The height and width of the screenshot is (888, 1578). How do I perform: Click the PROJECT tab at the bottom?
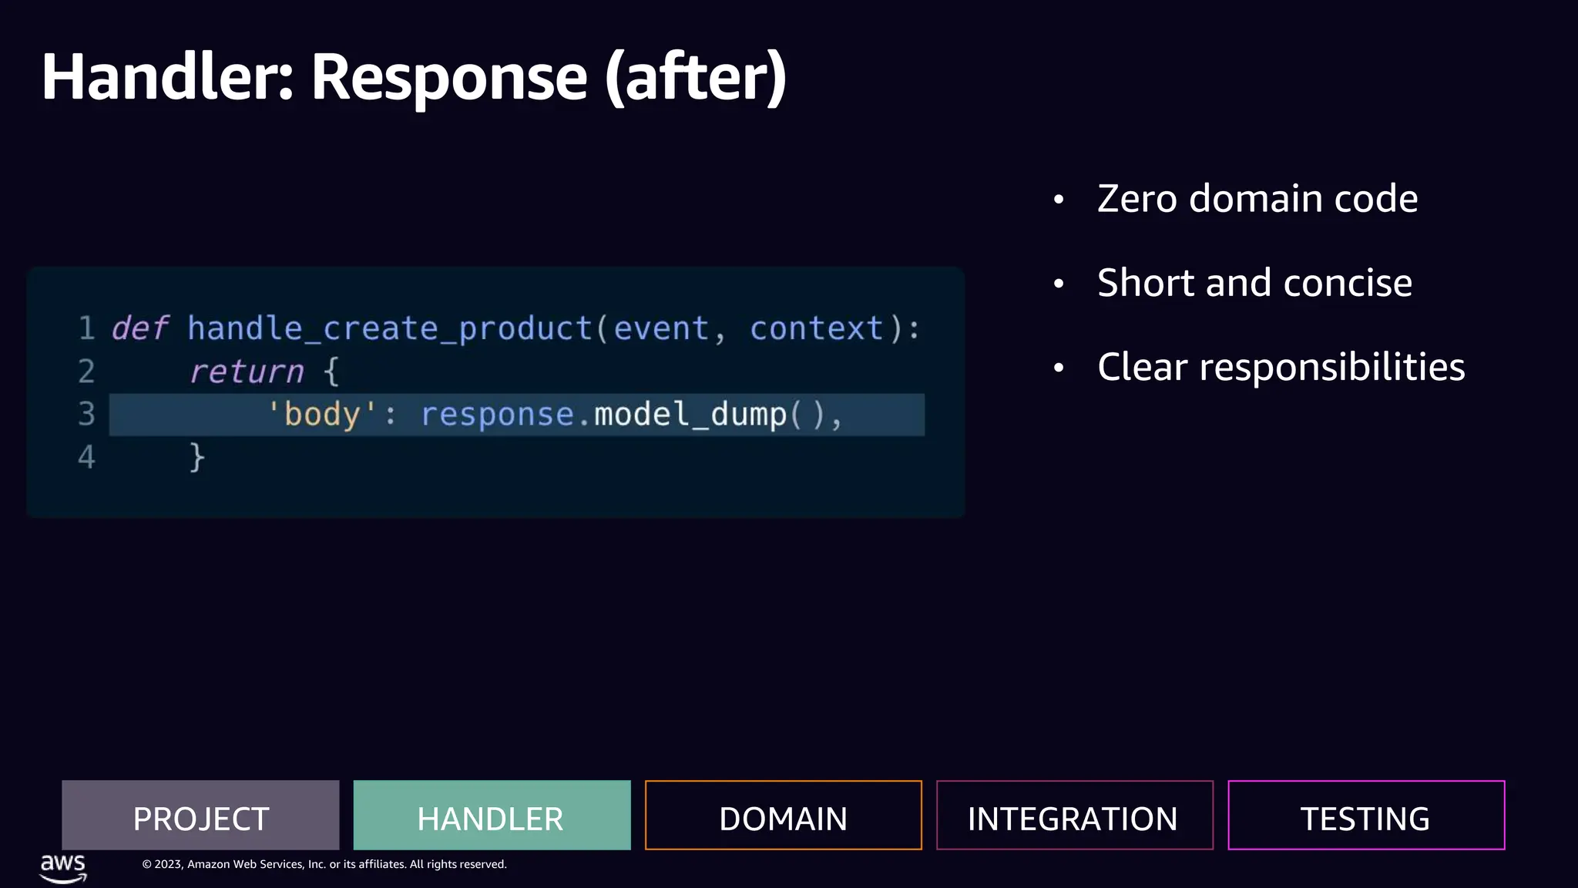200,816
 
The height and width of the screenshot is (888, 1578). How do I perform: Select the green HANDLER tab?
492,816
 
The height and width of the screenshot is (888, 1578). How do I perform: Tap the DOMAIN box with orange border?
783,816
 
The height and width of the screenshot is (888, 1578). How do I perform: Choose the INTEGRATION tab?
1074,816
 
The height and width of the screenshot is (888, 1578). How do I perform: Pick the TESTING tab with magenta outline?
1365,816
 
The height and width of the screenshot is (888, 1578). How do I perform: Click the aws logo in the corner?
63,867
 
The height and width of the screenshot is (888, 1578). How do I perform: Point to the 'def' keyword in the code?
139,329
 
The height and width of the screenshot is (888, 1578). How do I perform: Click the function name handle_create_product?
389,329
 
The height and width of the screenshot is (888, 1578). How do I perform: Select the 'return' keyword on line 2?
247,372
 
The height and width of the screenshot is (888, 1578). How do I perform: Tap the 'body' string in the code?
322,415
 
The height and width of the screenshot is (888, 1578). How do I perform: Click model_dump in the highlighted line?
690,415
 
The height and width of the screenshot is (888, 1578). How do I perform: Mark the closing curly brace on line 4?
197,457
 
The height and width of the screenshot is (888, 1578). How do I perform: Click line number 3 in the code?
86,415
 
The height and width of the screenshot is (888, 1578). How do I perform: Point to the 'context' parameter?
816,329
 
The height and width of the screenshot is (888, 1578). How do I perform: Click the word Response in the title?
449,77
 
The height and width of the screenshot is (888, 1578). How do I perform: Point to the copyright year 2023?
168,865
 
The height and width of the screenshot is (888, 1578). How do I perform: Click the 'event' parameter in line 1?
661,329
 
